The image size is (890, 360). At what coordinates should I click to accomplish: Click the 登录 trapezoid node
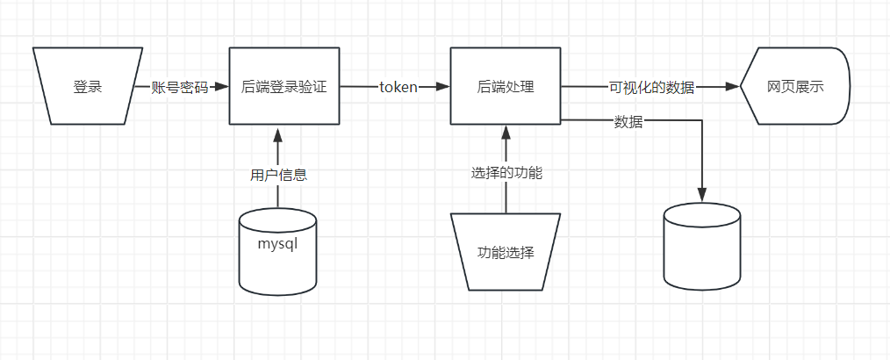[x=88, y=87]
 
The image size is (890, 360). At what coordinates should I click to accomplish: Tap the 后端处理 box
[x=506, y=87]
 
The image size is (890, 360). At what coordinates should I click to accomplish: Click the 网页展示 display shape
[x=795, y=87]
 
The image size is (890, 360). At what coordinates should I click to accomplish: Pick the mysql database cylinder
[x=277, y=250]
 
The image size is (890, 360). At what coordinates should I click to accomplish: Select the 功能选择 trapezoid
[x=506, y=251]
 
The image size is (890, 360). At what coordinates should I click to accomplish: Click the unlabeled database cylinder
[x=701, y=247]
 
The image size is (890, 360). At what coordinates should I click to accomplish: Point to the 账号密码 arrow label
[x=180, y=87]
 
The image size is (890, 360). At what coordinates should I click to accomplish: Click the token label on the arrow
[x=398, y=87]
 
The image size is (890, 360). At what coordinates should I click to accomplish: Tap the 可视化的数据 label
[x=651, y=87]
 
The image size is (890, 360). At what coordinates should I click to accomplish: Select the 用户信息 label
[x=278, y=174]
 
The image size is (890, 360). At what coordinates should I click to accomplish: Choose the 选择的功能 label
[x=506, y=173]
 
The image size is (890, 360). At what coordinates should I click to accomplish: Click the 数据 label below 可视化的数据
[x=628, y=122]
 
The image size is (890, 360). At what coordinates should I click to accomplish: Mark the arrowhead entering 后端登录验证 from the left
[x=223, y=87]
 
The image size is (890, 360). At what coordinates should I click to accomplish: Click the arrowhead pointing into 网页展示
[x=733, y=87]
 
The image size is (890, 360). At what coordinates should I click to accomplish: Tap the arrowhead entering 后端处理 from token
[x=444, y=87]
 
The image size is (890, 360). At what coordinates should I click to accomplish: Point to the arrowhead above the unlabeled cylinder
[x=701, y=195]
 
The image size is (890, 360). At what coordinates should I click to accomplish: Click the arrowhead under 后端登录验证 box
[x=278, y=133]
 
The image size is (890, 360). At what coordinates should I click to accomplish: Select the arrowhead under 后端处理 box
[x=506, y=133]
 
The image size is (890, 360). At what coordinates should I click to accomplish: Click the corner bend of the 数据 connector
[x=701, y=119]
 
